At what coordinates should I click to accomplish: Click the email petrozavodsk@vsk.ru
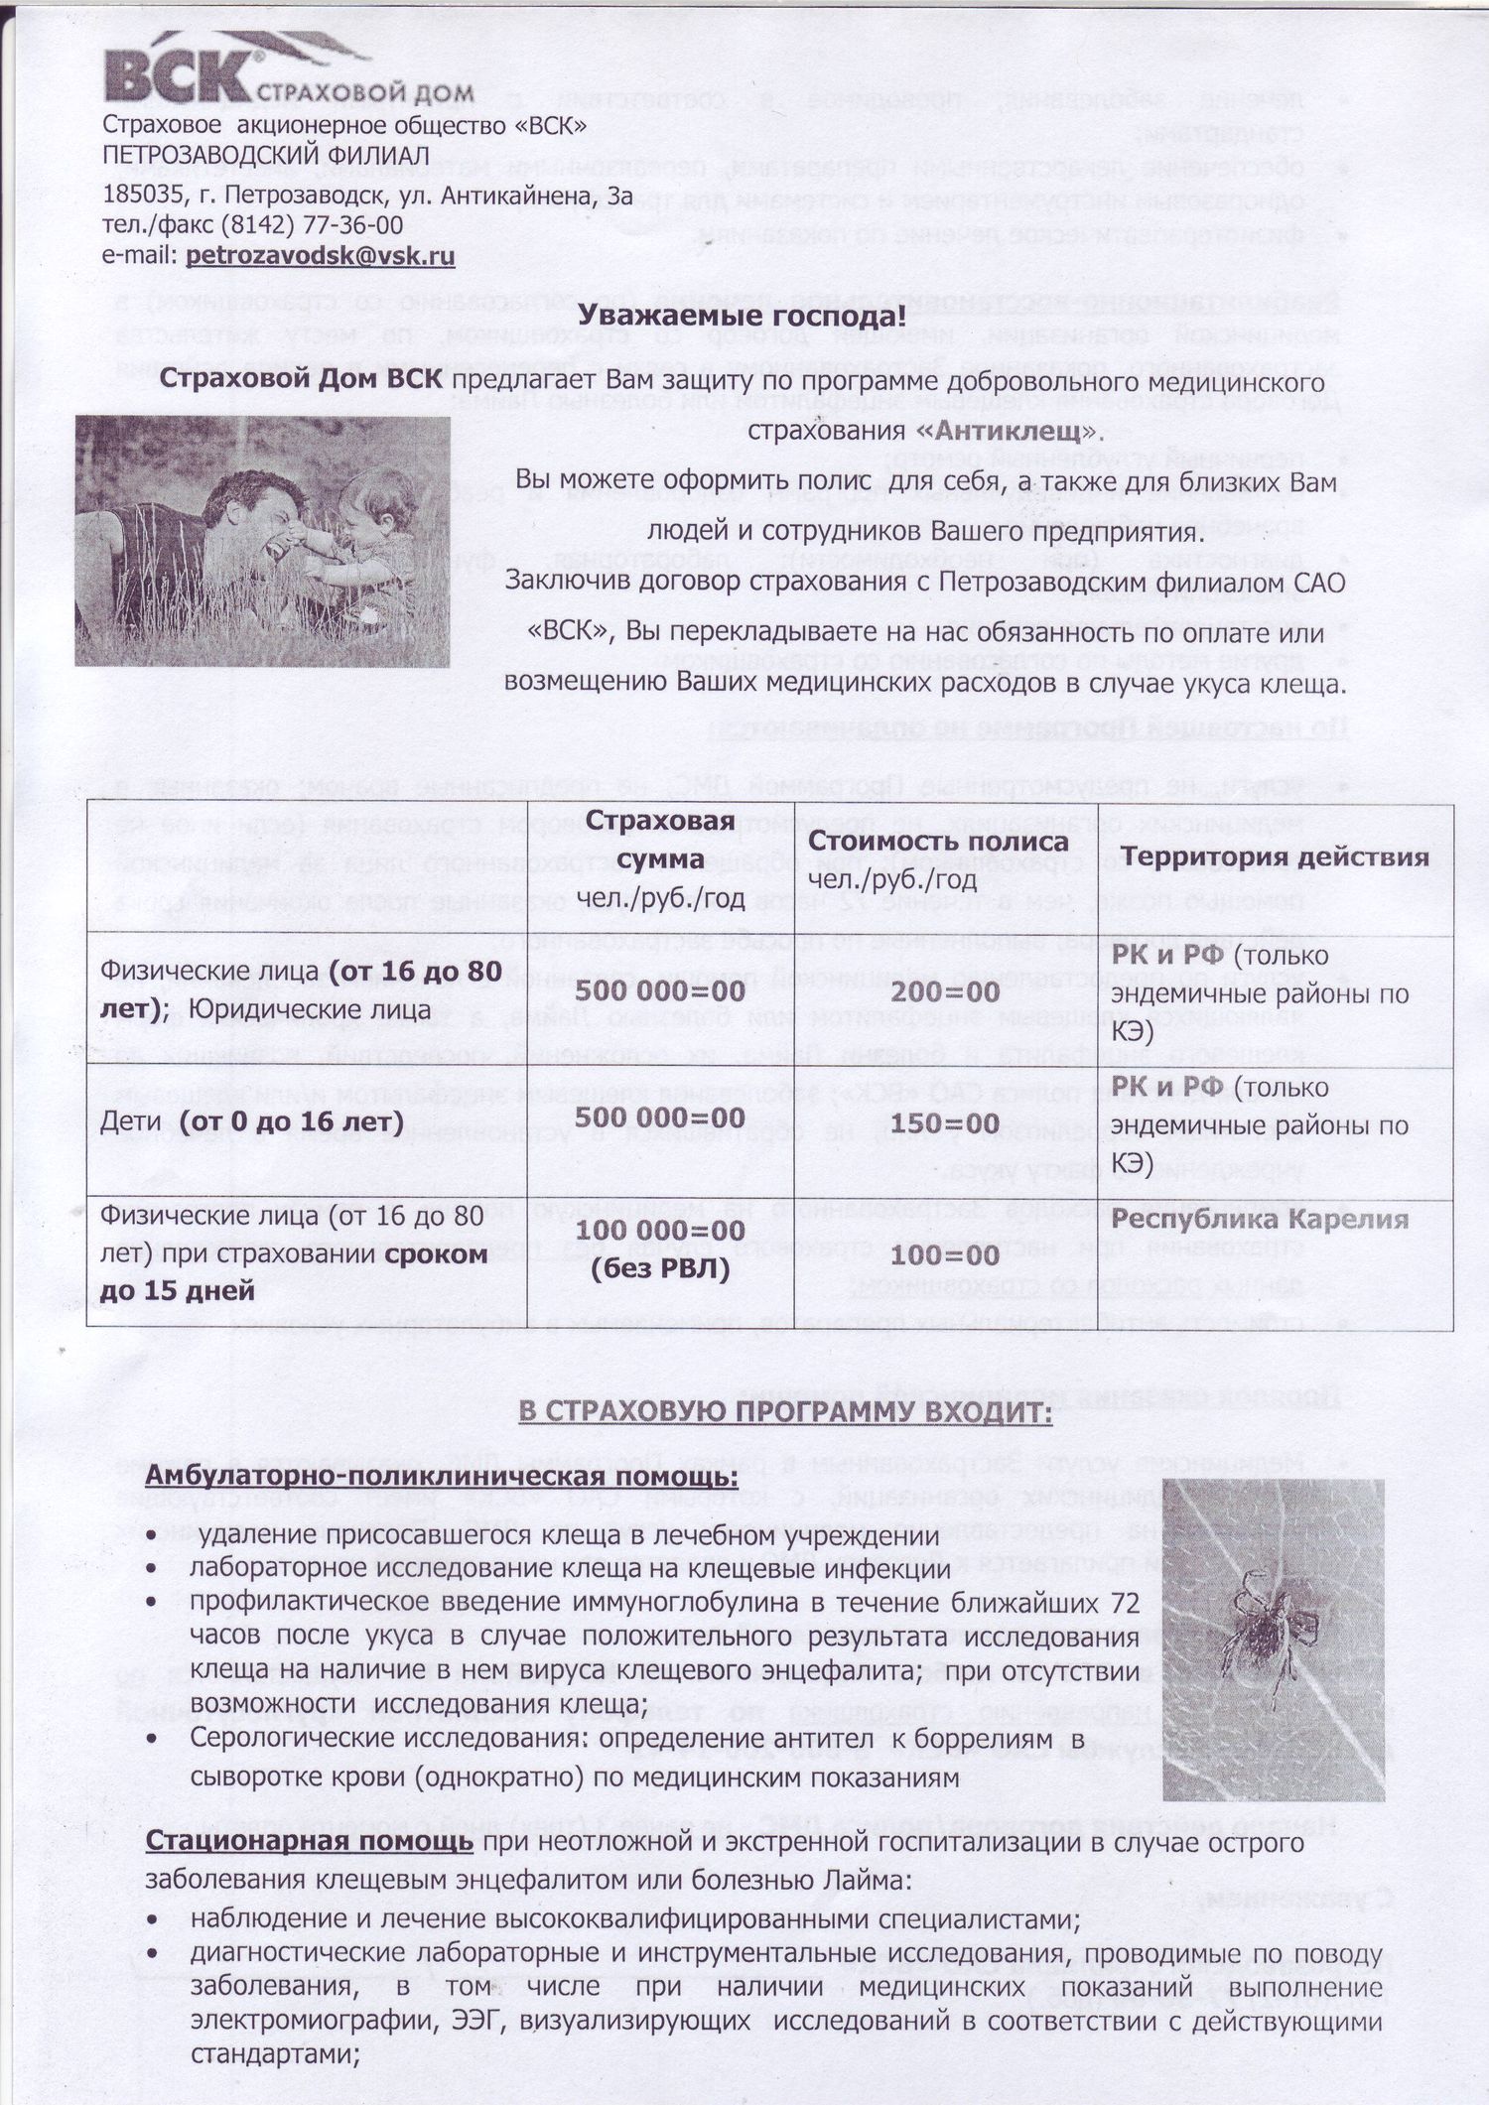320,255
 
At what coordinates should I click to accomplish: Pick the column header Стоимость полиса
938,842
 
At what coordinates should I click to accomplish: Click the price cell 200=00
945,992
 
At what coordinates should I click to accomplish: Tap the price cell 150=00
944,1123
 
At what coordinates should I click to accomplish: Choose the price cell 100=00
944,1255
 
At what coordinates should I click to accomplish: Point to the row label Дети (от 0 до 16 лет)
252,1122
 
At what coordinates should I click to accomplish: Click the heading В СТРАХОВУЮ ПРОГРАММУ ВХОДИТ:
784,1412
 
